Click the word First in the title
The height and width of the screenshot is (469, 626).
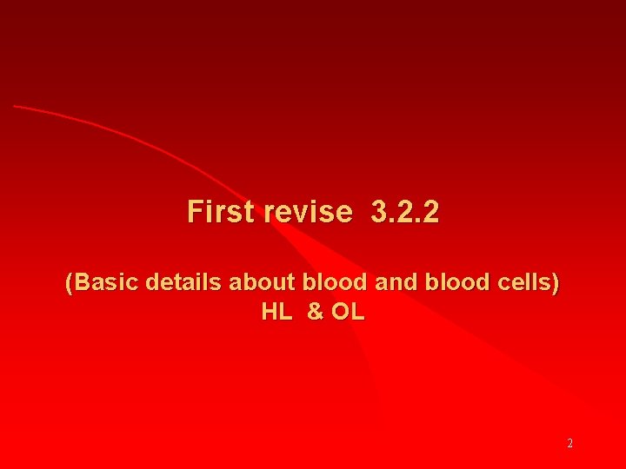coord(223,211)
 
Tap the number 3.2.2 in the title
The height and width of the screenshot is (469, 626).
coord(404,211)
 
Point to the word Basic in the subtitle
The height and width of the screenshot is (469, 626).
coord(109,282)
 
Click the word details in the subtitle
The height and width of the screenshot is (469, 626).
coord(185,282)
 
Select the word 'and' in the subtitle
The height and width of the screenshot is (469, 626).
coord(394,282)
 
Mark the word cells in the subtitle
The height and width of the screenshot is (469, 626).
coord(522,282)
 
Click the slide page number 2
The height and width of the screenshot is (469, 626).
coord(569,443)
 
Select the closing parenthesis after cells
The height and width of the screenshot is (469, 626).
coord(556,283)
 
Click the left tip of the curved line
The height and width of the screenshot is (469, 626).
coord(15,106)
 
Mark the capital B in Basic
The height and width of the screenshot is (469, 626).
coord(83,282)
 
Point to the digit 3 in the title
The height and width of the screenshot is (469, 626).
coord(377,211)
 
